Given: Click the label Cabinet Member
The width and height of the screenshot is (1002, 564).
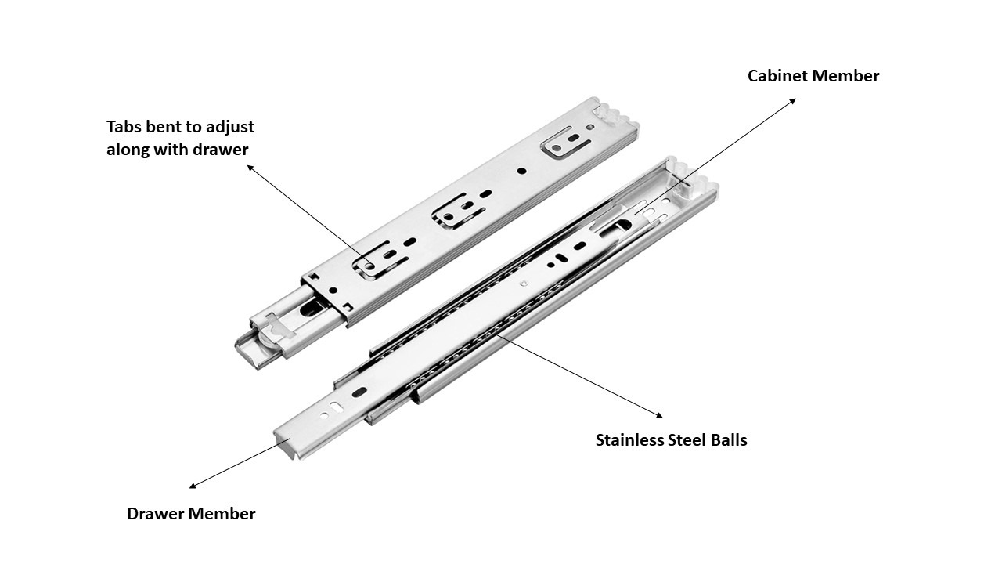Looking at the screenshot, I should click(813, 76).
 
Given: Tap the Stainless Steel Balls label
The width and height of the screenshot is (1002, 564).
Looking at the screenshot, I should click(671, 440).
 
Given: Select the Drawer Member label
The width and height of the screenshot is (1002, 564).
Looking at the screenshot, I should click(191, 514).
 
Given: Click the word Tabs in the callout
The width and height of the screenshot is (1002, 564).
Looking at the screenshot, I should click(124, 126).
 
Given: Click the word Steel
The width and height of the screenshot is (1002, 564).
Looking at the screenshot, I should click(687, 440).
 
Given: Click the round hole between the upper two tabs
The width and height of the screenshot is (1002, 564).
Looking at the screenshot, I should click(521, 170).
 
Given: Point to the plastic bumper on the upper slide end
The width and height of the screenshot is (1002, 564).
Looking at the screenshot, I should click(615, 114).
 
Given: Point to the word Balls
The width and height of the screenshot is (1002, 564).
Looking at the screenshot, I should click(727, 440).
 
